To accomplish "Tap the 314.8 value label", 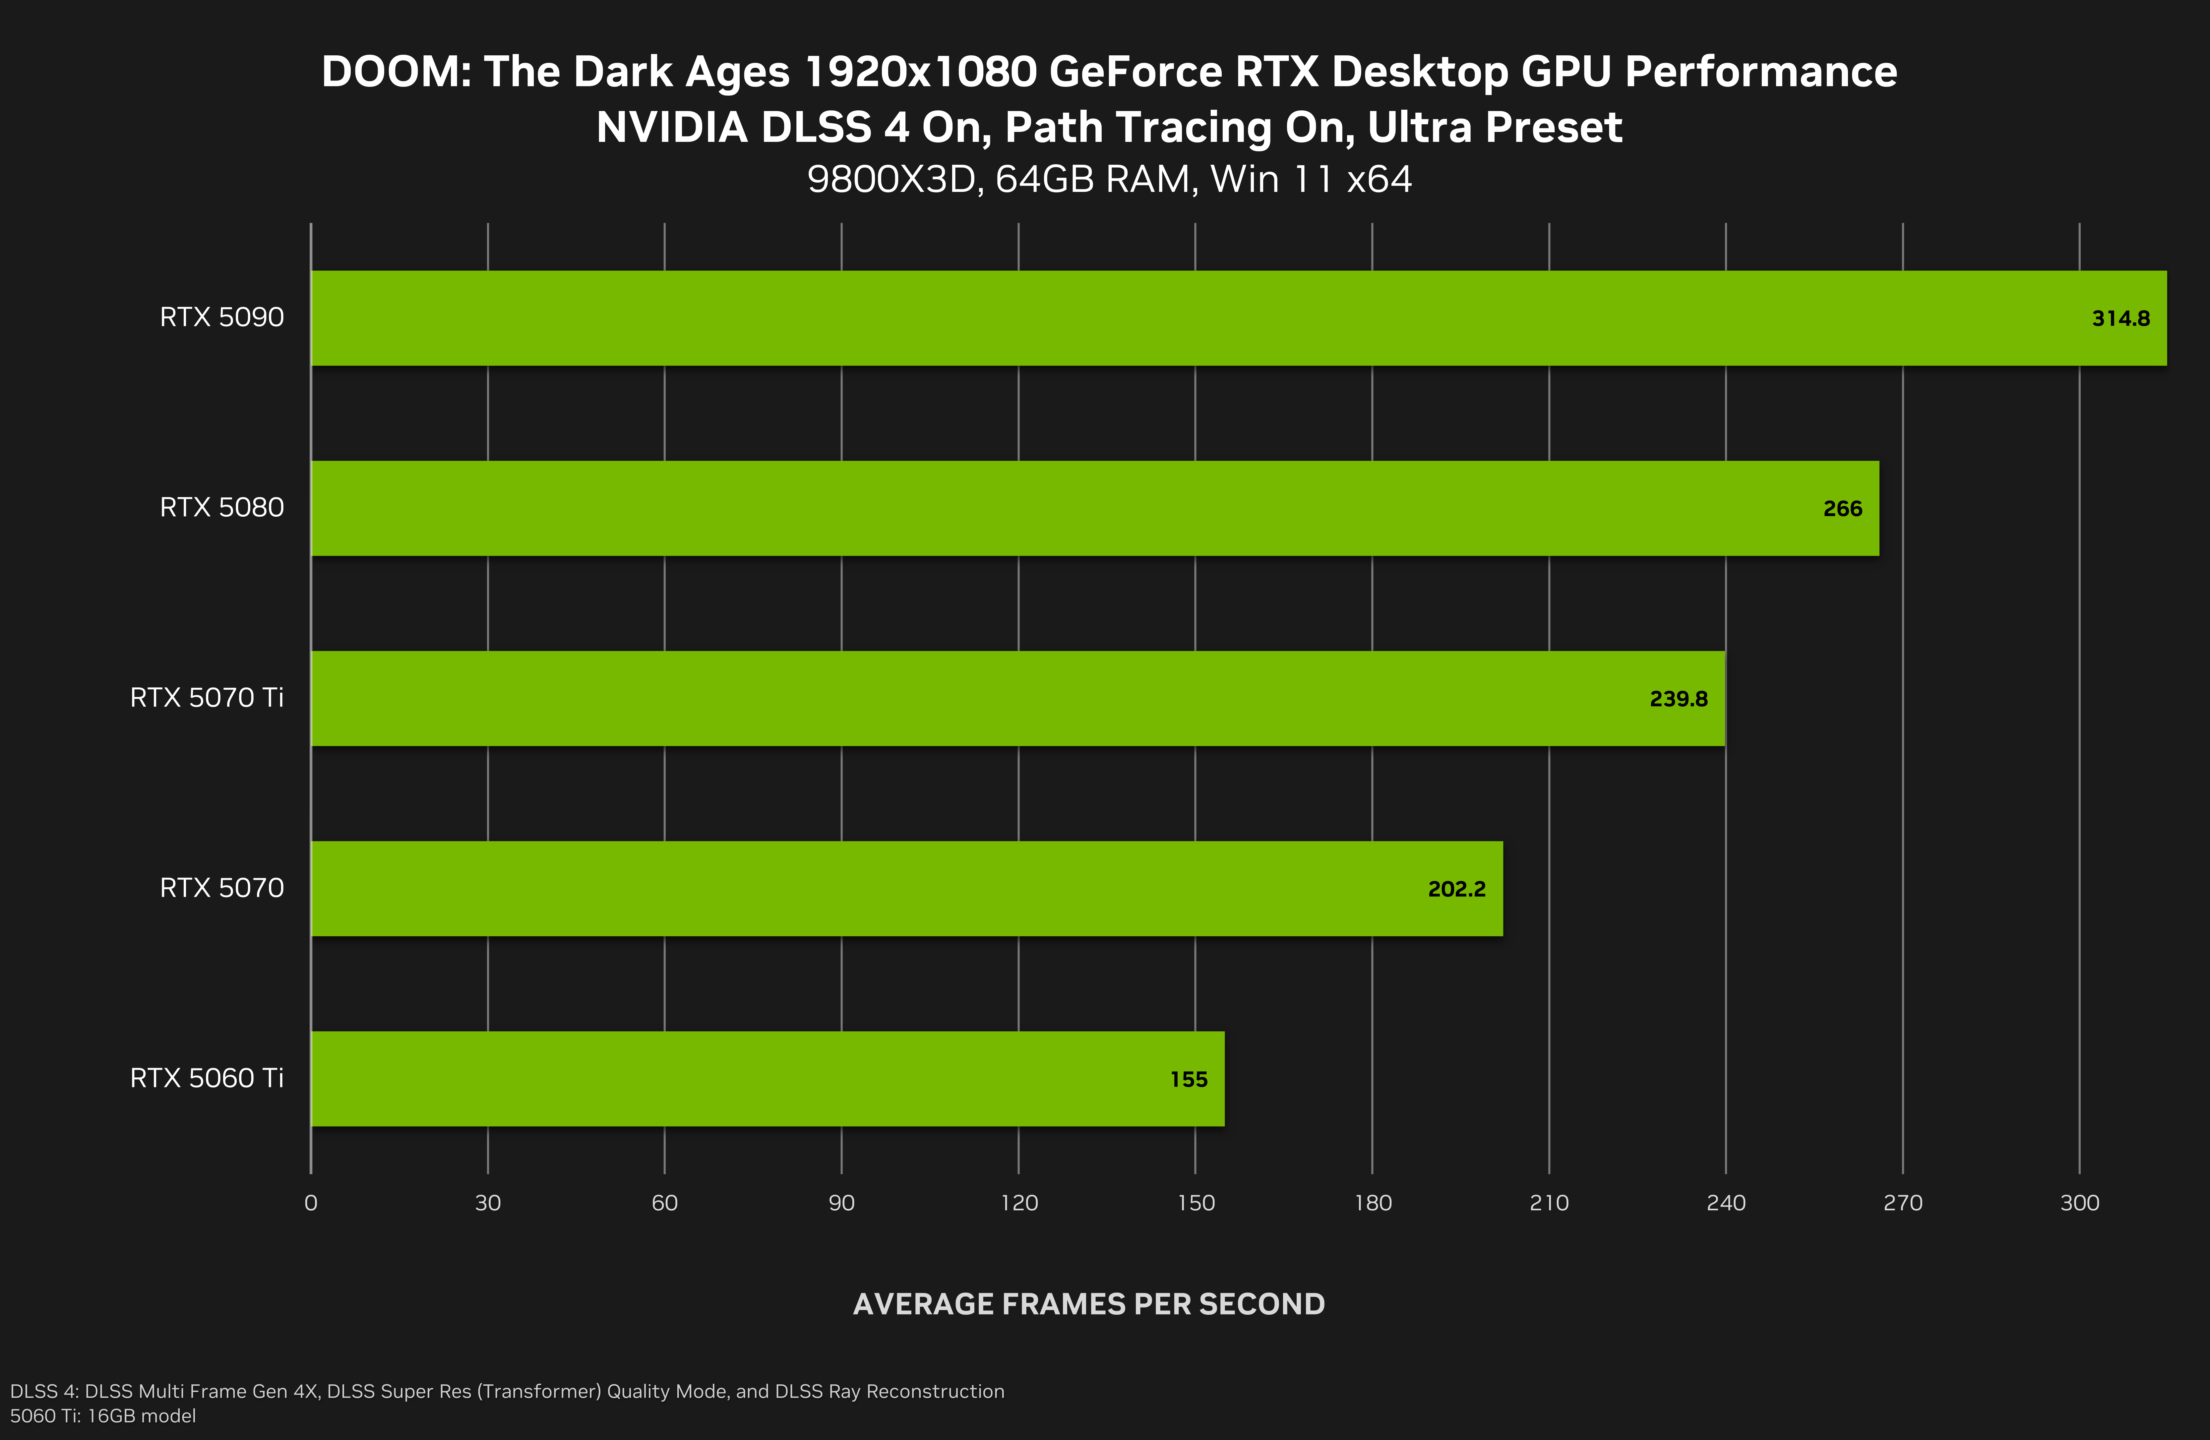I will (2120, 318).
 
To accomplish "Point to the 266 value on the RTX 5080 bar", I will (1842, 509).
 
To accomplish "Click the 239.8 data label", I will (1678, 699).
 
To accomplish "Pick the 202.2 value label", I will (1456, 890).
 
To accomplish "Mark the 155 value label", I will (1189, 1080).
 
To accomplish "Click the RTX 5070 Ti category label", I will (206, 697).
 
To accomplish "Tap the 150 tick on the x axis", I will (1195, 1203).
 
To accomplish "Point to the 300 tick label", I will (2079, 1203).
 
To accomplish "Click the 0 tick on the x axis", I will (311, 1203).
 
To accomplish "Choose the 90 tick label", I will (841, 1203).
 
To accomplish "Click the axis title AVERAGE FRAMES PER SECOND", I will (1088, 1304).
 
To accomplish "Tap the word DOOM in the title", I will (397, 73).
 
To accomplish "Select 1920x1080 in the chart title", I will (920, 73).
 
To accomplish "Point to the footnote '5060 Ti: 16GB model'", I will (103, 1416).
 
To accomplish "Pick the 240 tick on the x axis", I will (1725, 1203).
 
